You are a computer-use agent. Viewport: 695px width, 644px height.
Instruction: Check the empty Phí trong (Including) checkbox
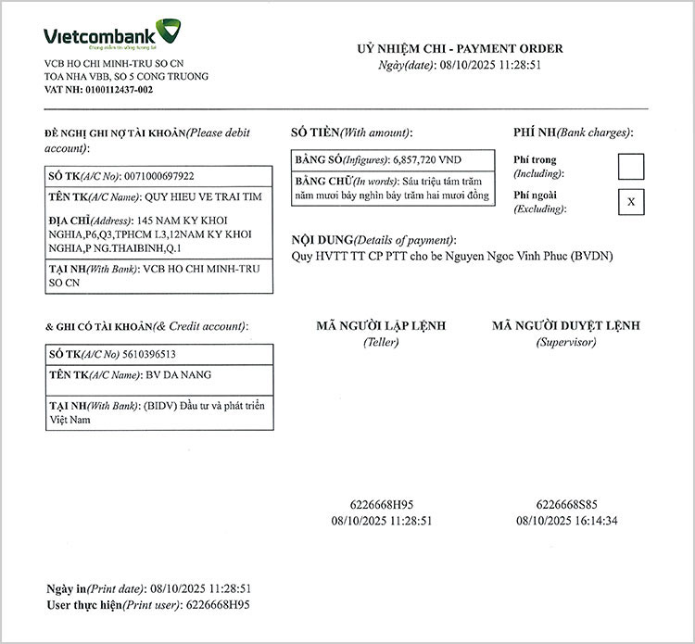[631, 166]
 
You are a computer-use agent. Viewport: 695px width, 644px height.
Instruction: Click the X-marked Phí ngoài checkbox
[631, 201]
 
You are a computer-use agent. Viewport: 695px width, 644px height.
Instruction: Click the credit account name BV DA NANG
[179, 375]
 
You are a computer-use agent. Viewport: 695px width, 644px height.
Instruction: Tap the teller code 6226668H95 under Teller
[382, 505]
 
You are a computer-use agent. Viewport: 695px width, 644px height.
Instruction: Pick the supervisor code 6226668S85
[567, 505]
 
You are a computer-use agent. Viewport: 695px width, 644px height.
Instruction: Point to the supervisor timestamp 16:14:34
[594, 521]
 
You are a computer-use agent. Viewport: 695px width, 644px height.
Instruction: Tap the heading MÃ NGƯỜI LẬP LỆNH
[381, 326]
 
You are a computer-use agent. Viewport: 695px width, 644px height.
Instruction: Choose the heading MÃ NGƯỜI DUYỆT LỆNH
[566, 326]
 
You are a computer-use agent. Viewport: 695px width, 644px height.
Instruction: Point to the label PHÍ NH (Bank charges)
[572, 133]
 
